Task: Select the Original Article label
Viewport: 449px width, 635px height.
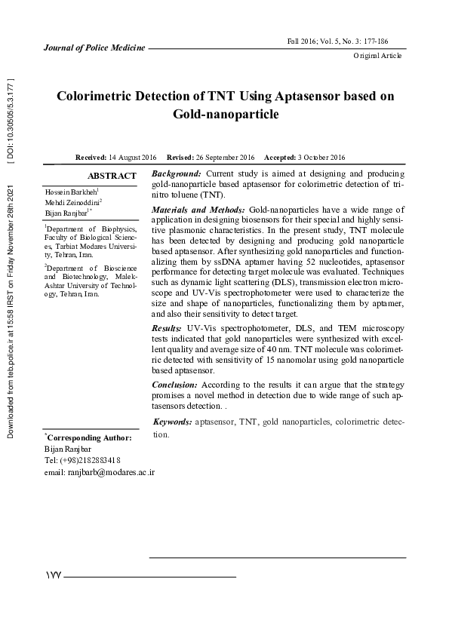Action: click(x=377, y=56)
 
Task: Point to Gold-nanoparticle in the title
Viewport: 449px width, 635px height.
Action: click(x=226, y=115)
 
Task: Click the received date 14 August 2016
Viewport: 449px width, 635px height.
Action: click(x=132, y=157)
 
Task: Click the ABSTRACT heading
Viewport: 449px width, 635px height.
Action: click(x=112, y=176)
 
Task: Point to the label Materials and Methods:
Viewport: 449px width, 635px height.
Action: click(x=198, y=209)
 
